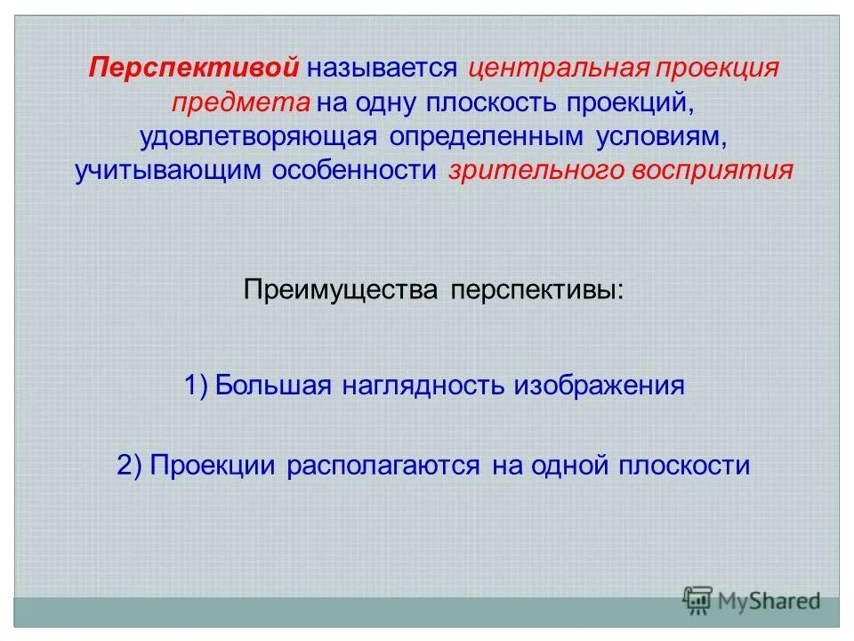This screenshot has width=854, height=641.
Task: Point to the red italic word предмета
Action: [x=240, y=102]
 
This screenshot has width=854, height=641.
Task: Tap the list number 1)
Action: [x=196, y=385]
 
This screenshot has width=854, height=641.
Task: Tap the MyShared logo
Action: [x=752, y=601]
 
